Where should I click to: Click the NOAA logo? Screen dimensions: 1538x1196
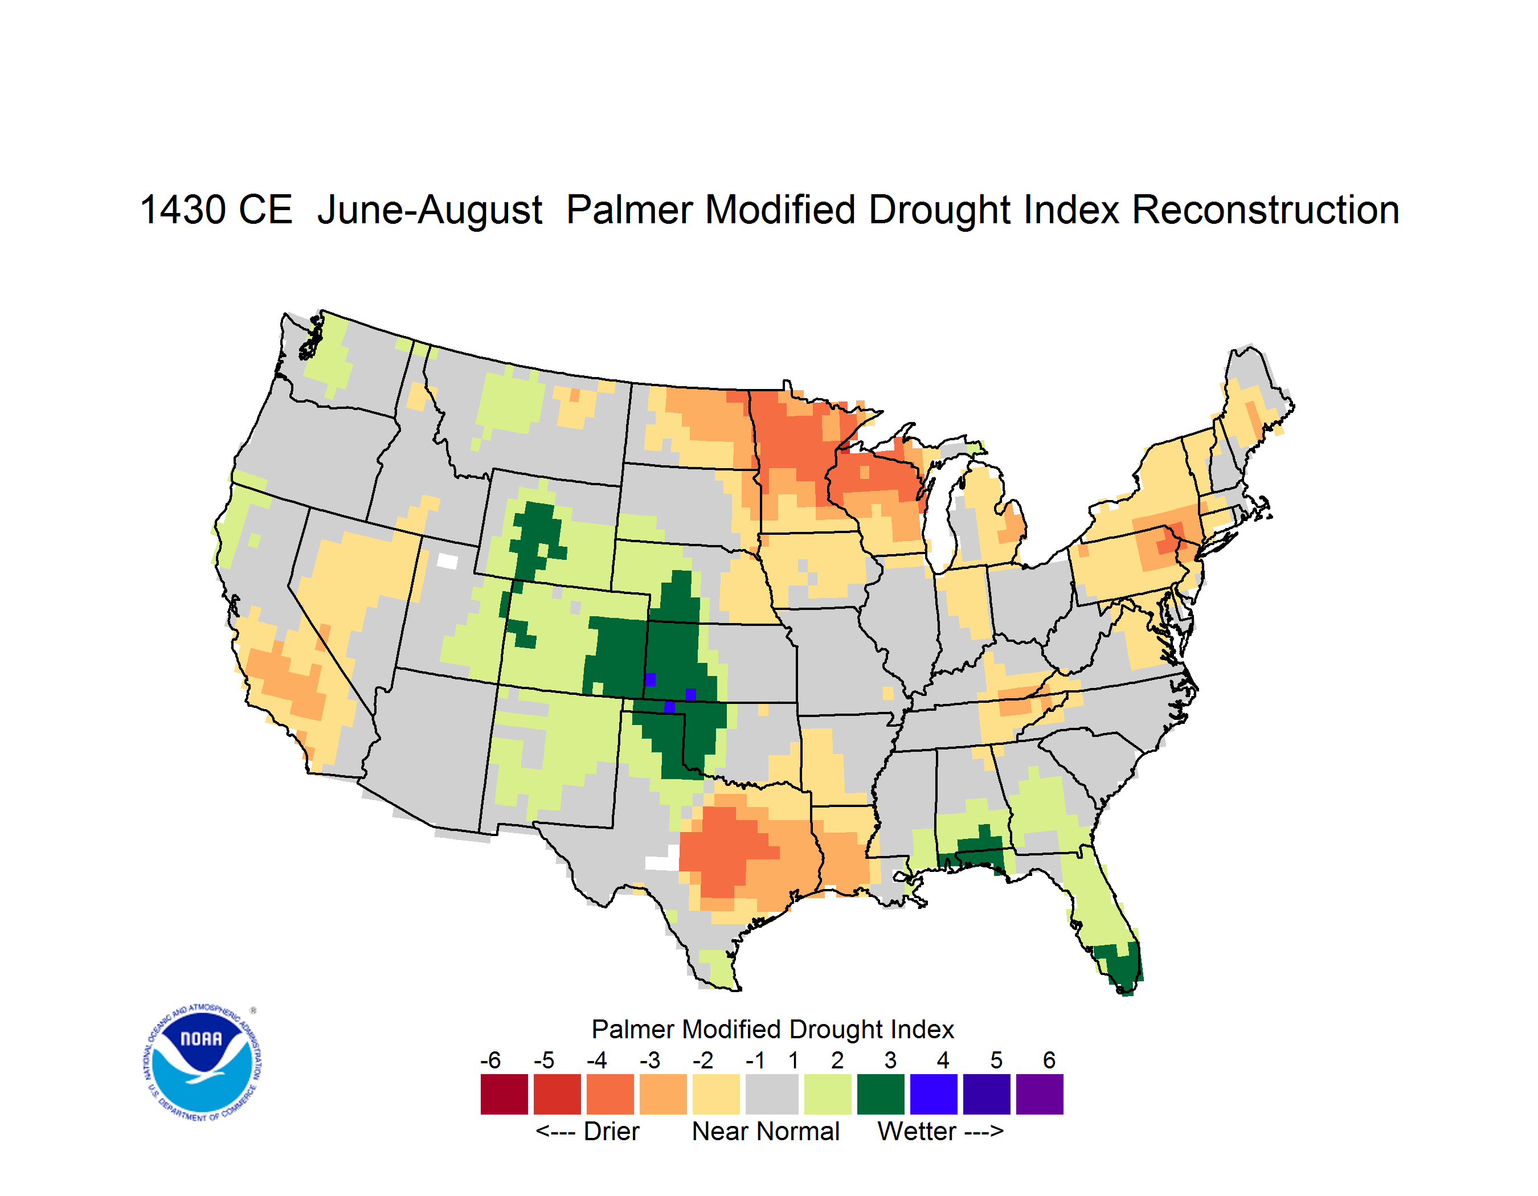point(202,1063)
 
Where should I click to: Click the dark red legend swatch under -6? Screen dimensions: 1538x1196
point(504,1094)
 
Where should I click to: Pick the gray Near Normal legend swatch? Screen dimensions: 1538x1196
point(772,1094)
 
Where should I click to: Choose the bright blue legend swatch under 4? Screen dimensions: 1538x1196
point(934,1094)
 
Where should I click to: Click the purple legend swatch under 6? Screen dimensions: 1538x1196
point(1040,1094)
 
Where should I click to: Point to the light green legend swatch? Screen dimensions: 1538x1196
point(828,1094)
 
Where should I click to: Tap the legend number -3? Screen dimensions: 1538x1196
point(650,1060)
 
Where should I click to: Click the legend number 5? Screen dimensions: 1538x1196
point(996,1060)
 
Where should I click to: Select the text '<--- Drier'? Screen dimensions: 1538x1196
point(587,1131)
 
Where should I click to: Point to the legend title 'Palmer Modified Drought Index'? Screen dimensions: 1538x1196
point(772,1029)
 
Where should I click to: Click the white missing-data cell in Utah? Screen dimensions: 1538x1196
point(447,561)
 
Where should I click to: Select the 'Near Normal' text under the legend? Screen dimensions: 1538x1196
point(766,1131)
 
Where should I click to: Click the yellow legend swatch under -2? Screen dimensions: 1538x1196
point(716,1094)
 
